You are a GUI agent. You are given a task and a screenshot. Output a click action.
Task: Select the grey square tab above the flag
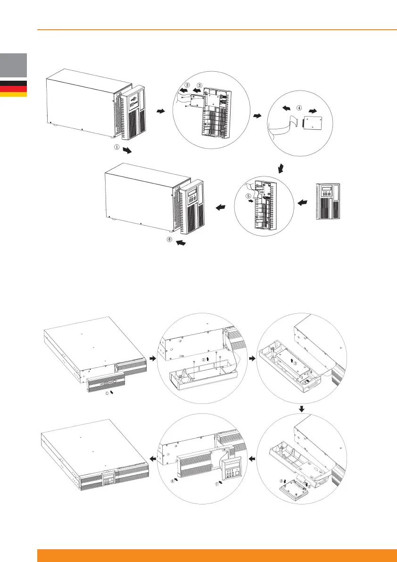click(13, 65)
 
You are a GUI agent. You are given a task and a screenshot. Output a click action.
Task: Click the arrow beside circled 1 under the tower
click(128, 151)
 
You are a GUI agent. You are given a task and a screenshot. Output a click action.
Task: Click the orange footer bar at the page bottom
click(217, 555)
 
